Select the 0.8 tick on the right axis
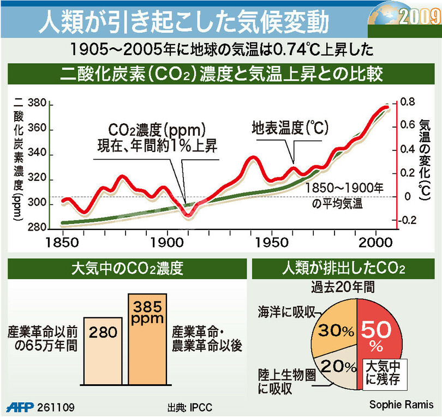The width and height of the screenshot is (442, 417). [x=408, y=102]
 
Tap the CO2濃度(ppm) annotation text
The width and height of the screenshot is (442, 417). [x=156, y=130]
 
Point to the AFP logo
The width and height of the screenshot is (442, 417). [x=21, y=407]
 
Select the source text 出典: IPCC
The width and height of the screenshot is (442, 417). [x=190, y=407]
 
